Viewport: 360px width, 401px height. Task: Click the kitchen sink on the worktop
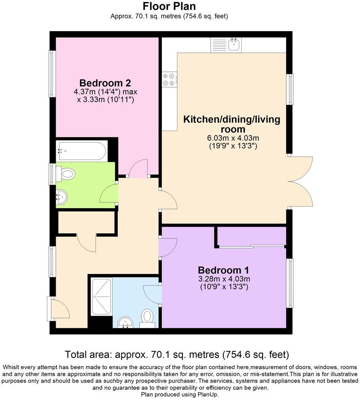pyautogui.click(x=234, y=45)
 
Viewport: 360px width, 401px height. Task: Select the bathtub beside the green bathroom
pyautogui.click(x=81, y=151)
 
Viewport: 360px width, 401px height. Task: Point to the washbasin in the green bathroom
pyautogui.click(x=61, y=196)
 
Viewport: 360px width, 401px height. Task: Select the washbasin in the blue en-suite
pyautogui.click(x=125, y=322)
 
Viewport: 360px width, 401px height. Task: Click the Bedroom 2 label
pyautogui.click(x=105, y=83)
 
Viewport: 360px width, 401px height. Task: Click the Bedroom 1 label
pyautogui.click(x=223, y=270)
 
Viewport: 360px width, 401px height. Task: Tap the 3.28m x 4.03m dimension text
pyautogui.click(x=224, y=279)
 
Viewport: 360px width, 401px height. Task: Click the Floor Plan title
pyautogui.click(x=169, y=6)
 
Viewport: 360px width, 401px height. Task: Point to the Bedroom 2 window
pyautogui.click(x=52, y=74)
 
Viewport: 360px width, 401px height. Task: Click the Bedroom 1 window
pyautogui.click(x=290, y=283)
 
